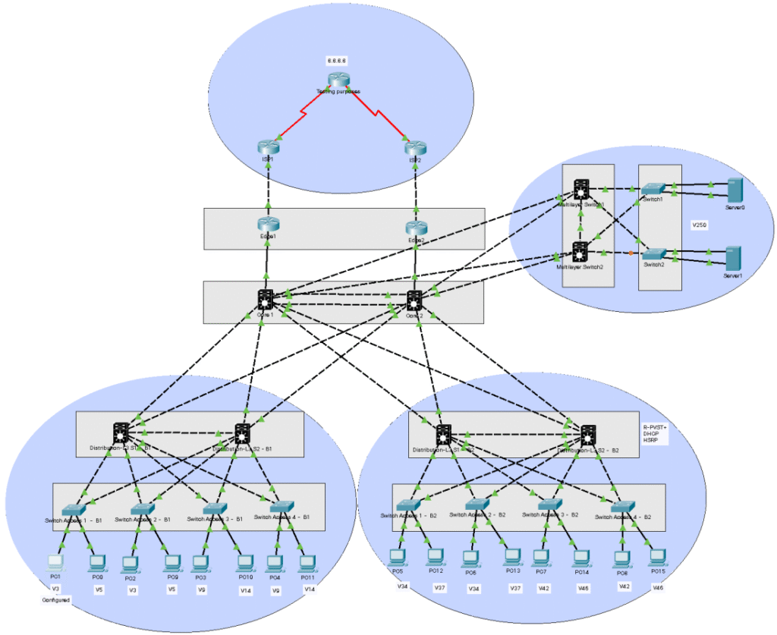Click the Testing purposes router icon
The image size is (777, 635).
coord(337,80)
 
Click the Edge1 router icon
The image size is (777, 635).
coord(267,224)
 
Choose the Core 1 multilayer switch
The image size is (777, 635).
coord(265,299)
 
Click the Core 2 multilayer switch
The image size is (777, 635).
coord(414,299)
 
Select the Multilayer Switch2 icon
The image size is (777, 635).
coord(580,252)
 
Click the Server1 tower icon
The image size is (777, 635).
coord(733,258)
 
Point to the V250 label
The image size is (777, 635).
coord(699,225)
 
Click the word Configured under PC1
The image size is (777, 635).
coord(55,599)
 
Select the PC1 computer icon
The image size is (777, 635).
coord(55,562)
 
